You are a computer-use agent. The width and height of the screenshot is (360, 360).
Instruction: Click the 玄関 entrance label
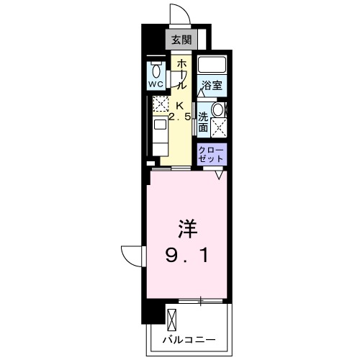tap(181, 39)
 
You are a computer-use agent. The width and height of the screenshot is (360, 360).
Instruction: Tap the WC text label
tap(156, 84)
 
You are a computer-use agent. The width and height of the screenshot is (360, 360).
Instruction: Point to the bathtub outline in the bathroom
tap(212, 66)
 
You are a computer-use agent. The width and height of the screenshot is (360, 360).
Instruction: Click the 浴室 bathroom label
tap(212, 85)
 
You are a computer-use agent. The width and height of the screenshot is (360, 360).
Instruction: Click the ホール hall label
tap(181, 73)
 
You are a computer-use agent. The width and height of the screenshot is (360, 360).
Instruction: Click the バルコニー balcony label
tap(189, 336)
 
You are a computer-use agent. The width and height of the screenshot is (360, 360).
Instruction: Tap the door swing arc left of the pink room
tap(132, 253)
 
